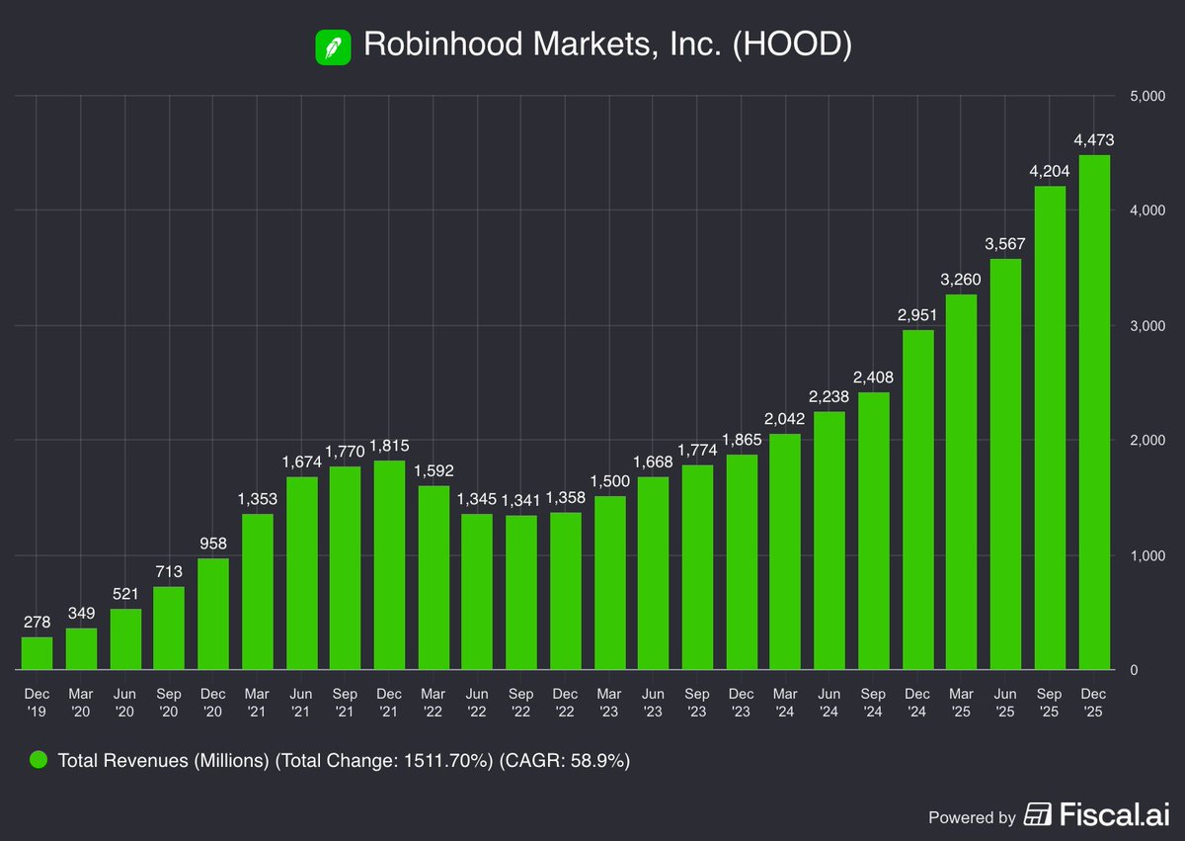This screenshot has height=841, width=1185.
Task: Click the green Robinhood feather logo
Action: pos(334,46)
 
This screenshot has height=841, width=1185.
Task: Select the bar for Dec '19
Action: pos(37,653)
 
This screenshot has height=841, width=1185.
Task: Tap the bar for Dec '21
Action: pos(389,565)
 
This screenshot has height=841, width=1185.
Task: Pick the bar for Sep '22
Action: pos(521,593)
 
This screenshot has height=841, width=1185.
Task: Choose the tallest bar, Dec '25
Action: pos(1094,413)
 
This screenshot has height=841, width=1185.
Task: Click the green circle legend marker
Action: pos(39,760)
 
